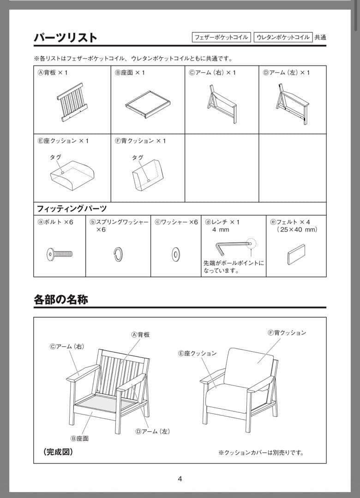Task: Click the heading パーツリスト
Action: pos(65,37)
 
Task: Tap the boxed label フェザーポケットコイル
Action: pos(222,37)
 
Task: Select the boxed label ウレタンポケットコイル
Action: pos(283,37)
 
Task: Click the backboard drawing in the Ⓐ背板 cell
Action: pos(72,102)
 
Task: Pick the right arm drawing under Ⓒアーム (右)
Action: pos(222,104)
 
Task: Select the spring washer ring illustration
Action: pos(118,254)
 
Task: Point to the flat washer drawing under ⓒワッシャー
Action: pos(176,254)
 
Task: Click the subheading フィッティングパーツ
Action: pos(72,208)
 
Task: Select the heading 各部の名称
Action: pos(60,299)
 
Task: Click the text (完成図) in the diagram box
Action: pos(58,452)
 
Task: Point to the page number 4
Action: pos(180,479)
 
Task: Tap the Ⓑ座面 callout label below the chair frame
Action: pos(79,439)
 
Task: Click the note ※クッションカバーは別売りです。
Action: pos(261,452)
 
